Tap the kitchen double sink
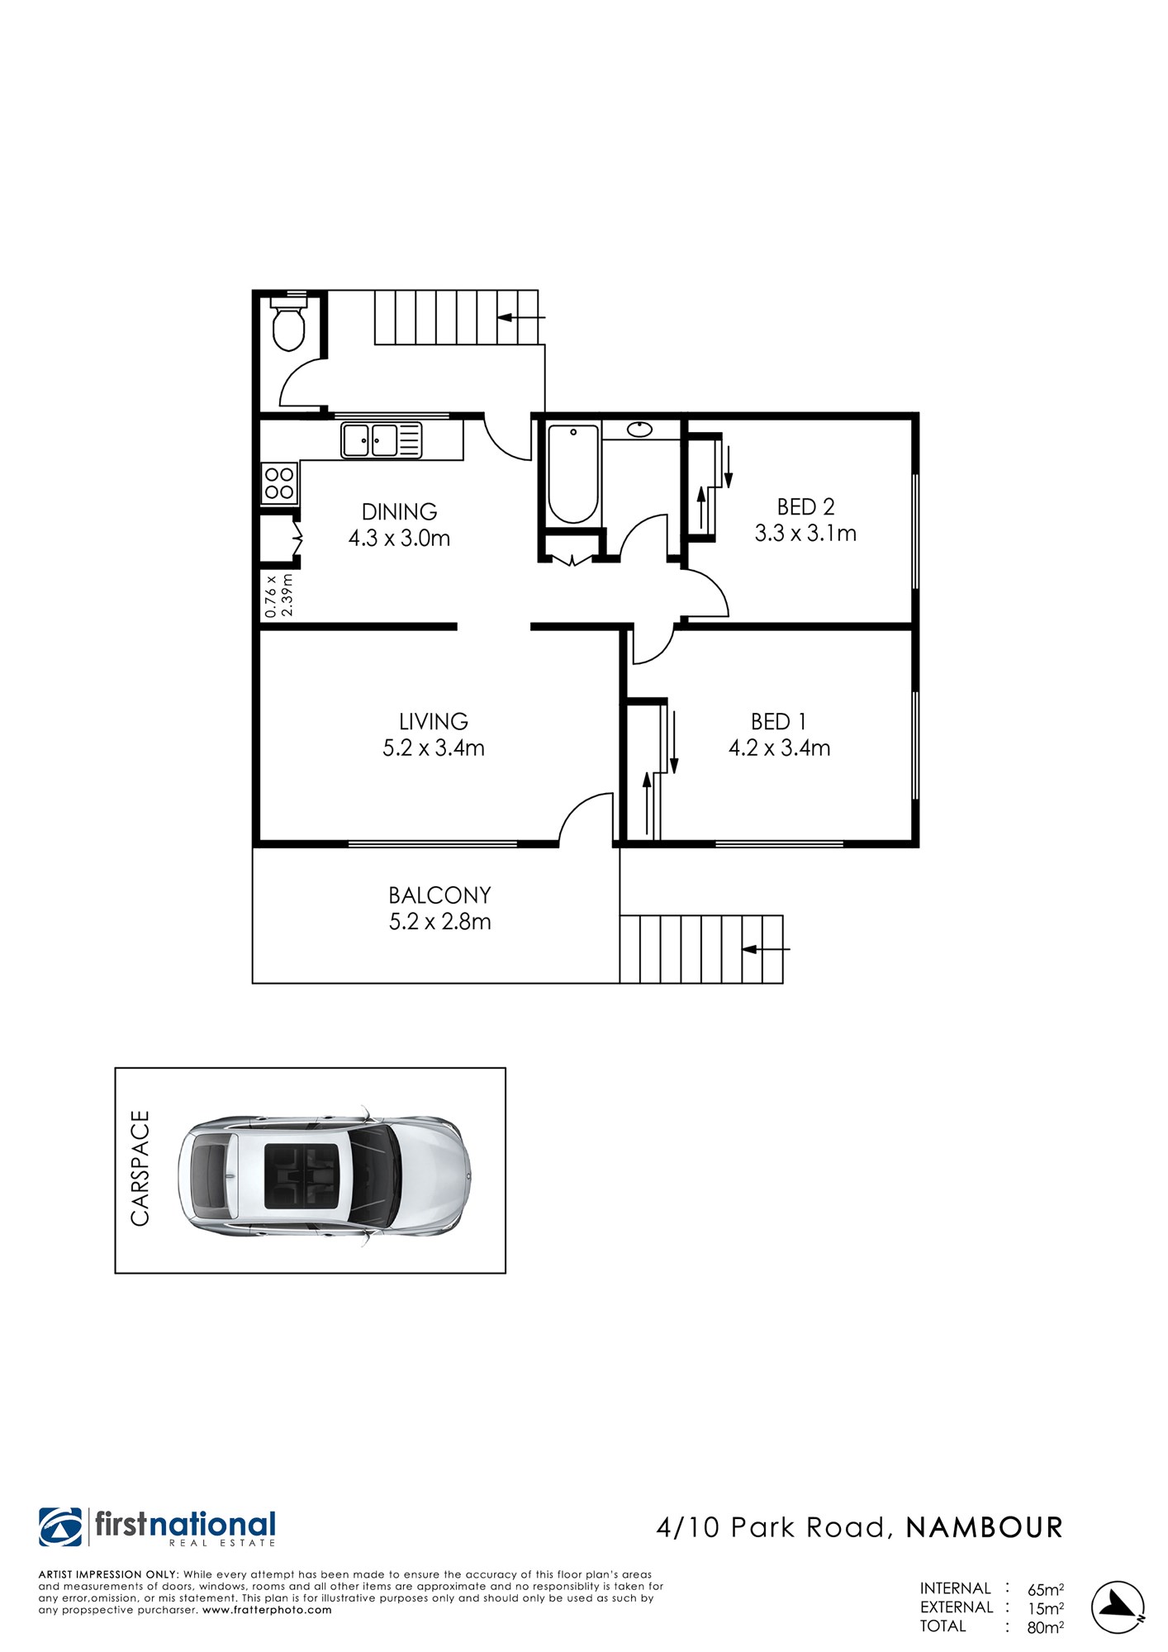382,439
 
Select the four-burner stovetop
278,483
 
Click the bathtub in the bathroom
573,473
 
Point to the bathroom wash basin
640,430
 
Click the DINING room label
400,511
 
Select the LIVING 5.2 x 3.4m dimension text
434,748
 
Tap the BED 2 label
805,506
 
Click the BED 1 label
779,722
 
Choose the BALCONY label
439,895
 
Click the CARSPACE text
140,1168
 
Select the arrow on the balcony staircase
766,949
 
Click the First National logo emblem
60,1527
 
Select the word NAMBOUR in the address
984,1528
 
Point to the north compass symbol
1118,1608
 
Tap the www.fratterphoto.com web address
267,1610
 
